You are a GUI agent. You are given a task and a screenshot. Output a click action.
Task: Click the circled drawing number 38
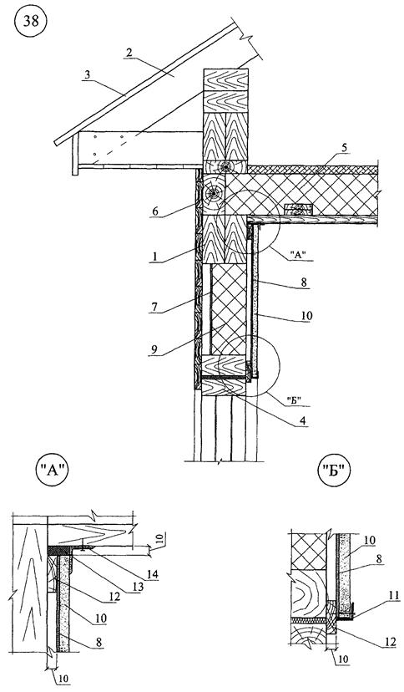[31, 23]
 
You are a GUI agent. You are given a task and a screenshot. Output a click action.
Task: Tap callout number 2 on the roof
[129, 52]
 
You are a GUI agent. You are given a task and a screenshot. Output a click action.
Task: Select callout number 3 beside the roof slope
[88, 74]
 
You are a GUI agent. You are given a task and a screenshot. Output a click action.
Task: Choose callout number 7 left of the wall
[156, 306]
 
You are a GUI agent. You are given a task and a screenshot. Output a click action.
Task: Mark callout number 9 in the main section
[155, 349]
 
